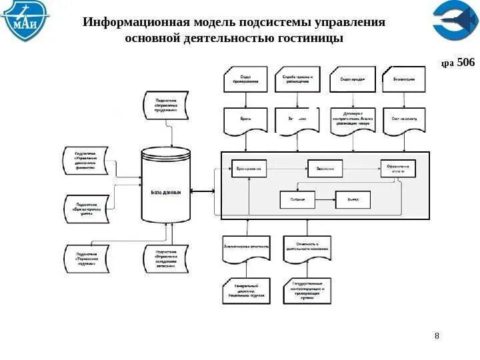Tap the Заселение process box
point(325,169)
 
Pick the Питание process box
point(297,199)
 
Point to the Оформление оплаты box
point(398,169)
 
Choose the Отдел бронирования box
point(245,79)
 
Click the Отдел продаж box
point(352,79)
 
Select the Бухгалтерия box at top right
point(403,79)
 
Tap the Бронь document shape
point(245,120)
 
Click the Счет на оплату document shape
point(403,120)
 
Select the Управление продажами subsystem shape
point(165,106)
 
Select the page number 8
point(437,335)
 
